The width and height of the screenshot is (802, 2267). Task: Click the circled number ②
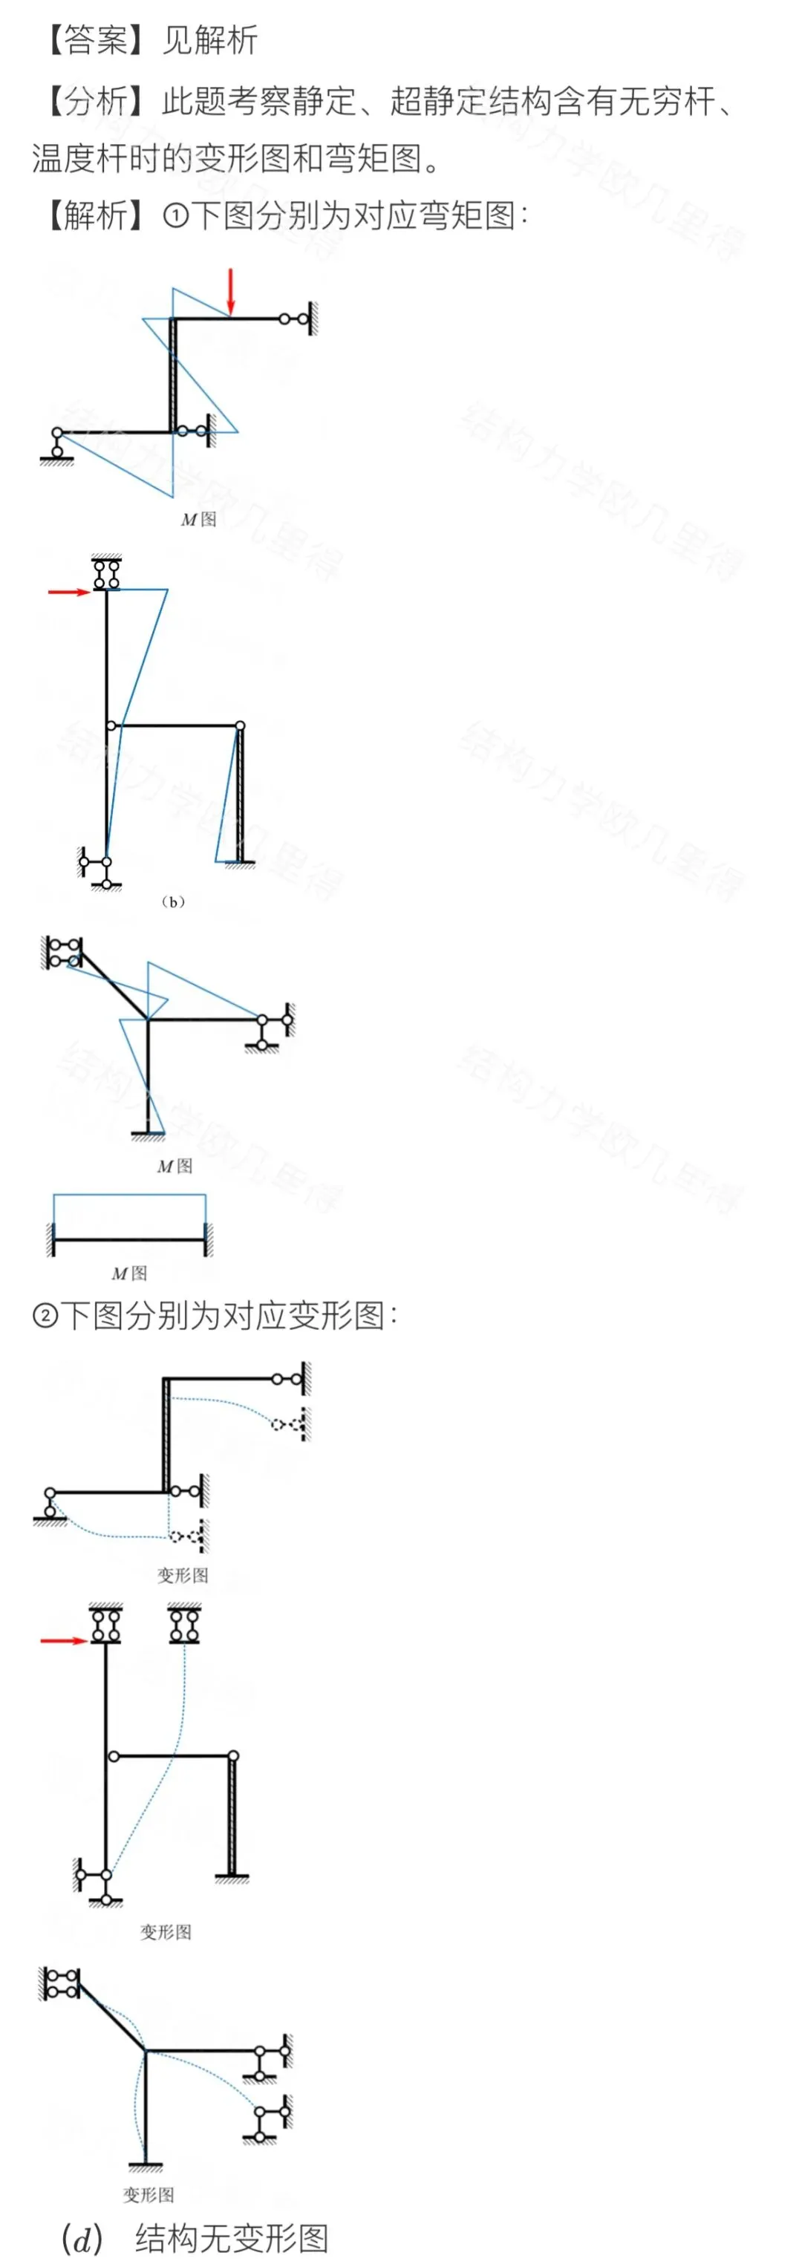pos(46,1316)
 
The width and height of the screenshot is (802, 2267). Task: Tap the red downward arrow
pos(231,291)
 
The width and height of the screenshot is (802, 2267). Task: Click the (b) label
pos(172,901)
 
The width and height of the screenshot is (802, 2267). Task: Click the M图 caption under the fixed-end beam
pos(129,1273)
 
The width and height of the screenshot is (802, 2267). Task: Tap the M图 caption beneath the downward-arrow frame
pos(198,519)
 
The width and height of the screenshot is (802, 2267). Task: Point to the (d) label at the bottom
pos(82,2238)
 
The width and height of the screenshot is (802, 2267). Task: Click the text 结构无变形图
pos(232,2238)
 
